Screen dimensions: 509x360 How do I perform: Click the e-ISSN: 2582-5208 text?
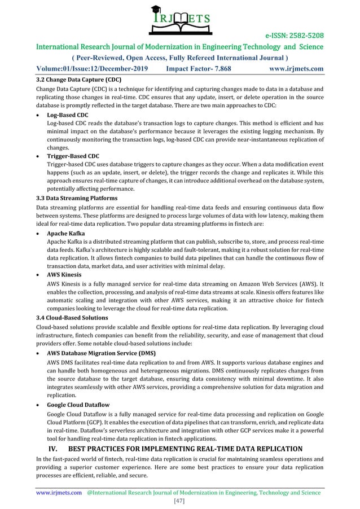pos(292,36)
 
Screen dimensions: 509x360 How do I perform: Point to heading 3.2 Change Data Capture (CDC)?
pos(78,80)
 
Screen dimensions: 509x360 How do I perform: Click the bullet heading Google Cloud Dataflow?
pos(78,405)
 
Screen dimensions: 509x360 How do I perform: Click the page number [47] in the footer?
pos(180,501)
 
